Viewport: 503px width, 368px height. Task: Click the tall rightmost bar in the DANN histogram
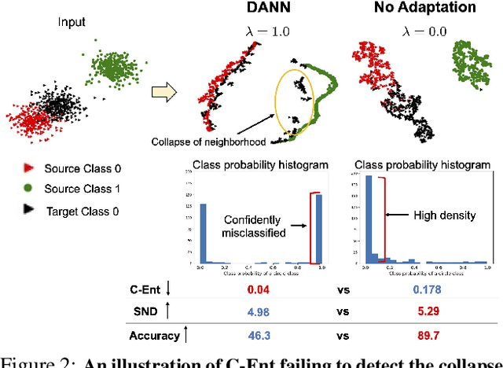tap(318, 229)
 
